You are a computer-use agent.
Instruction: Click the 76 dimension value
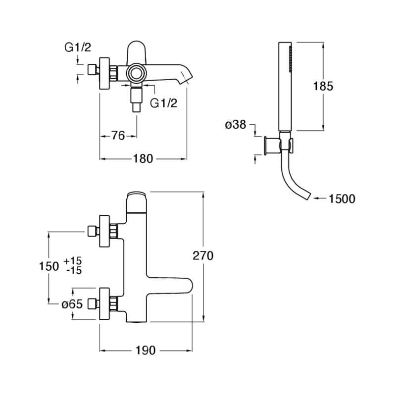coord(118,135)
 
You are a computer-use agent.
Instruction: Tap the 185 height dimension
coord(323,86)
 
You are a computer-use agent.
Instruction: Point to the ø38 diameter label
coord(235,125)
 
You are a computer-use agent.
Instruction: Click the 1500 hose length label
coord(342,199)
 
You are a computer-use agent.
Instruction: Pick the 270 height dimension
coord(203,255)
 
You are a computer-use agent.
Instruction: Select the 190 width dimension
coord(145,350)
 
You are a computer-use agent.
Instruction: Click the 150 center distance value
coord(49,266)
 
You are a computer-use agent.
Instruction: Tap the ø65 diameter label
coord(72,304)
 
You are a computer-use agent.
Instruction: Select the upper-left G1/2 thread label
coord(78,48)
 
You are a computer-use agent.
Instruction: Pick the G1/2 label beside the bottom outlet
coord(163,103)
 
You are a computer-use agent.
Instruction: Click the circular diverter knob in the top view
coord(136,74)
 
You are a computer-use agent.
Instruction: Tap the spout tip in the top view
coord(187,78)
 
